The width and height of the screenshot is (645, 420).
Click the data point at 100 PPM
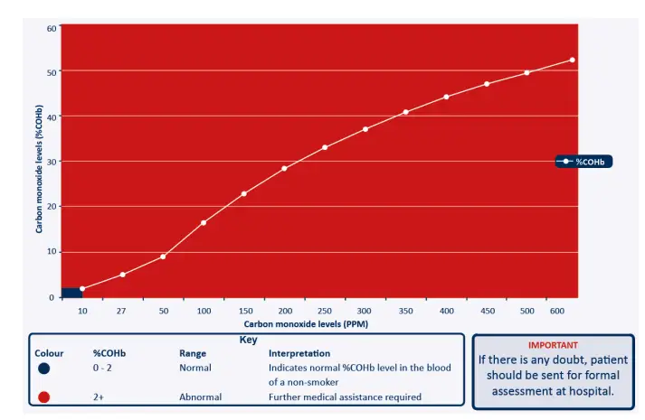point(204,222)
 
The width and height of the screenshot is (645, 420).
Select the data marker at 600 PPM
point(572,60)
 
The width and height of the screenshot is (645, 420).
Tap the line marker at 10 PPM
point(82,289)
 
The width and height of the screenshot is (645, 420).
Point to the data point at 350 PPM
point(405,112)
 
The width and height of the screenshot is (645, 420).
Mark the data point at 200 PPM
point(284,168)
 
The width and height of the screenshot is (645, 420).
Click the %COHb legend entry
point(584,162)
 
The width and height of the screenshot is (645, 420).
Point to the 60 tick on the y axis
point(52,28)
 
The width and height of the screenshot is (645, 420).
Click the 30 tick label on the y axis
point(52,162)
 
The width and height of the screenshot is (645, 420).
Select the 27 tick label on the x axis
point(121,311)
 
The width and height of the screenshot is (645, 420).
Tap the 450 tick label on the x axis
point(488,311)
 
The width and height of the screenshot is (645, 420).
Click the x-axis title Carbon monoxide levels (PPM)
point(306,323)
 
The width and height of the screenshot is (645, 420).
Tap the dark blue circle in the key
point(43,369)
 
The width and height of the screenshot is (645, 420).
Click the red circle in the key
point(43,397)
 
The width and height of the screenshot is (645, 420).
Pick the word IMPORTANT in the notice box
point(553,344)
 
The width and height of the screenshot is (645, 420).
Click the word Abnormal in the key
point(199,397)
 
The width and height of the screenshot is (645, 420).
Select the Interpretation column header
point(299,353)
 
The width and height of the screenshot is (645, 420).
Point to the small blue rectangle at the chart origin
point(71,293)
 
